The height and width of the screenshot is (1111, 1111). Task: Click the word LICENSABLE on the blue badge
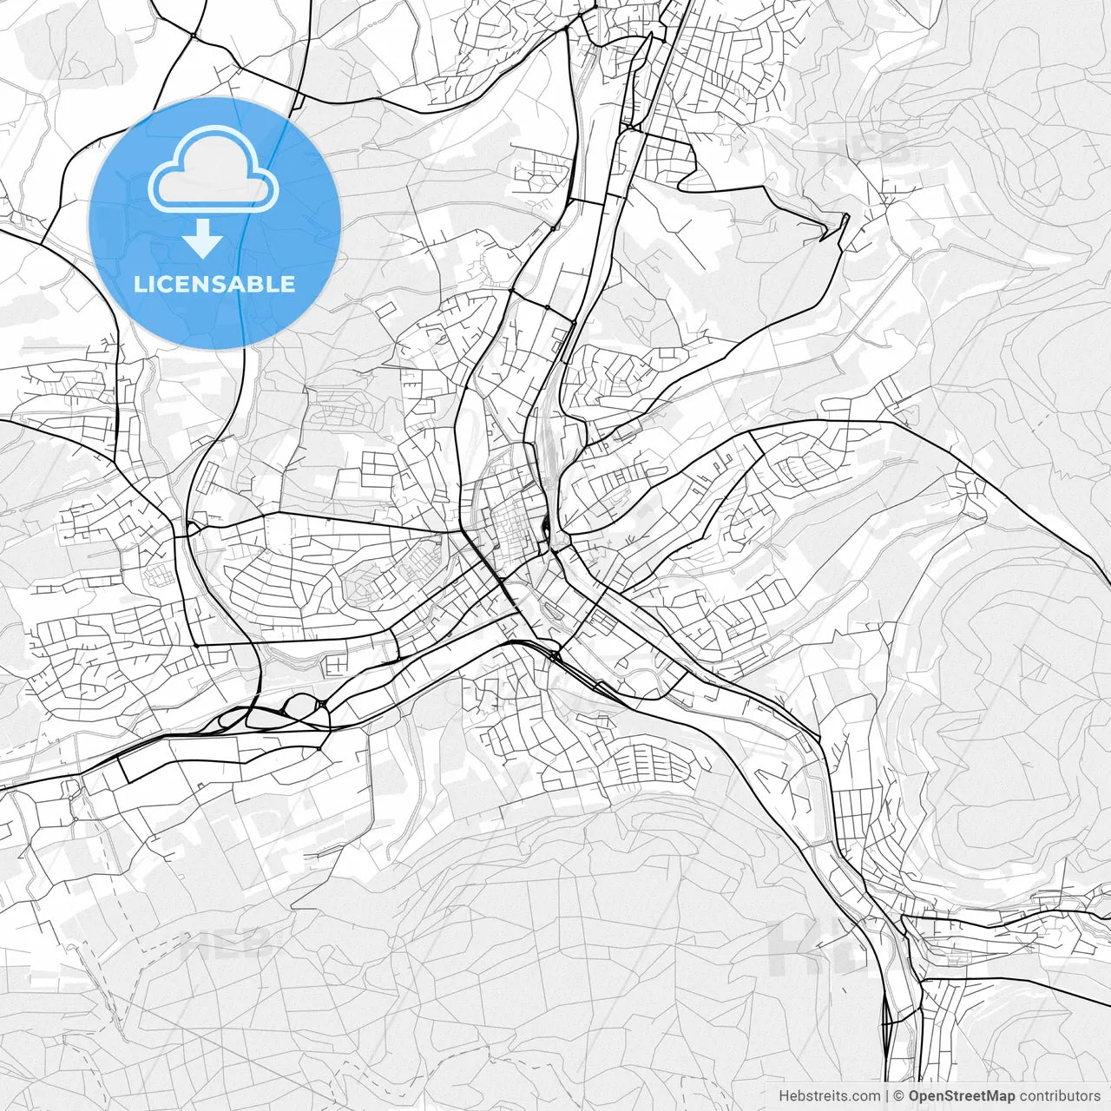point(214,284)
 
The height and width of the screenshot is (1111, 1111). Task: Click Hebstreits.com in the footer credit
point(829,1096)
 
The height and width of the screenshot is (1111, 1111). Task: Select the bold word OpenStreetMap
point(962,1096)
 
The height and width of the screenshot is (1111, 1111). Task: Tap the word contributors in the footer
point(1060,1096)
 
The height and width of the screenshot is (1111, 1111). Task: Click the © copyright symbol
point(899,1096)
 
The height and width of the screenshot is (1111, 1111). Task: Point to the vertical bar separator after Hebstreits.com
point(887,1096)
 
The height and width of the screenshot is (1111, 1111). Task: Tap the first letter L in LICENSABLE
point(139,284)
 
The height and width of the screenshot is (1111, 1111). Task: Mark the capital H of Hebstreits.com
point(784,1096)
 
